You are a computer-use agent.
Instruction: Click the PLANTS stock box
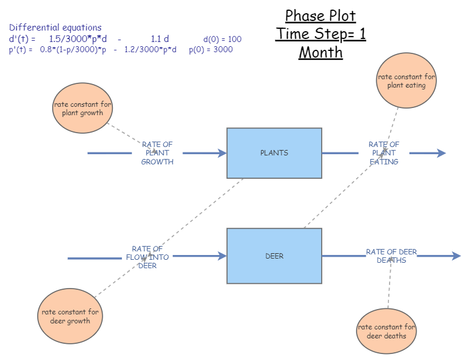pyautogui.click(x=274, y=153)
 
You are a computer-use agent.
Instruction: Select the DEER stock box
pyautogui.click(x=274, y=256)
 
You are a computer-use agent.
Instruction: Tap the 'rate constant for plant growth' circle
pyautogui.click(x=83, y=109)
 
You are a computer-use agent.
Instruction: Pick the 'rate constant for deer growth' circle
pyautogui.click(x=70, y=316)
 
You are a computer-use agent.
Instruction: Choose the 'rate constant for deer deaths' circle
pyautogui.click(x=387, y=331)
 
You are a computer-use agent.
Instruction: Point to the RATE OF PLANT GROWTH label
pyautogui.click(x=157, y=153)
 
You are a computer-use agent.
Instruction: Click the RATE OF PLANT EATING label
pyautogui.click(x=384, y=153)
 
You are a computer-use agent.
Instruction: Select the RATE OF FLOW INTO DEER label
pyautogui.click(x=148, y=257)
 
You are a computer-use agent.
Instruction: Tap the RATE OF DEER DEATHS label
pyautogui.click(x=391, y=256)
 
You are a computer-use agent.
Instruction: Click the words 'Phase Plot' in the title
pyautogui.click(x=321, y=16)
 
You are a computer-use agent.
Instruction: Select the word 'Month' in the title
pyautogui.click(x=321, y=53)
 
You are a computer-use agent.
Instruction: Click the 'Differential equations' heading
pyautogui.click(x=55, y=28)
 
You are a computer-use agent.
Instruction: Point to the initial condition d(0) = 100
pyautogui.click(x=222, y=40)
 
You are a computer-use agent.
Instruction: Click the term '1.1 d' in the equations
pyautogui.click(x=160, y=39)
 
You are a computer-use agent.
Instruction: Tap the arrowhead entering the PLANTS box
pyautogui.click(x=222, y=153)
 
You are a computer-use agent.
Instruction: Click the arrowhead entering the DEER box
pyautogui.click(x=222, y=256)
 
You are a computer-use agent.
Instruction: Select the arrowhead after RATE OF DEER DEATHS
pyautogui.click(x=456, y=256)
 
